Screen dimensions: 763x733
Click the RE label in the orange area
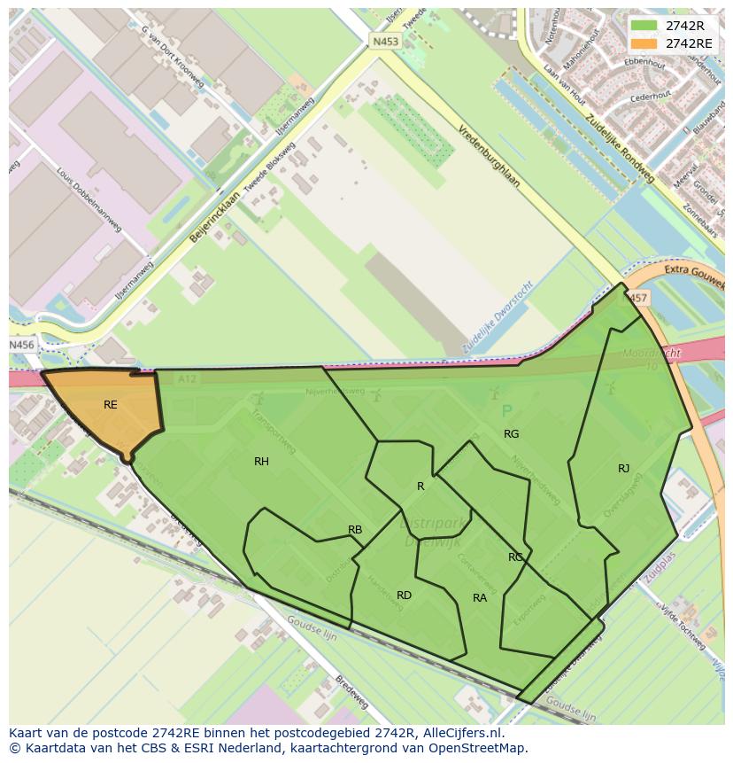coord(110,405)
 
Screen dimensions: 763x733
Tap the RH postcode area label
coord(261,462)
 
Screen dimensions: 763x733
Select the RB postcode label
coord(355,530)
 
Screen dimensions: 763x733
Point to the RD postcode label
coord(404,596)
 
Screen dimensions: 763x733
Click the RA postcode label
coord(480,598)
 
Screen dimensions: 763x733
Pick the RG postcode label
coord(511,434)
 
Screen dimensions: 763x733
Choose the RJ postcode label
coord(624,469)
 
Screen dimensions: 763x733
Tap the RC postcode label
coord(515,557)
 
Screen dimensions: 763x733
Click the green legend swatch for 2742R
coord(644,27)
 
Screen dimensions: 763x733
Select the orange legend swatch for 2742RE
coord(644,43)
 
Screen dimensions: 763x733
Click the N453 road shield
coord(385,41)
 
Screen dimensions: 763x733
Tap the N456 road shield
coord(21,345)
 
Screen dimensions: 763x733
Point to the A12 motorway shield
coord(186,378)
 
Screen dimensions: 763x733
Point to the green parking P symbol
coord(506,411)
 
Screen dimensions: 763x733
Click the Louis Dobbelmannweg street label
coord(89,199)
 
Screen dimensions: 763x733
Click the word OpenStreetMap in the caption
coord(473,748)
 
